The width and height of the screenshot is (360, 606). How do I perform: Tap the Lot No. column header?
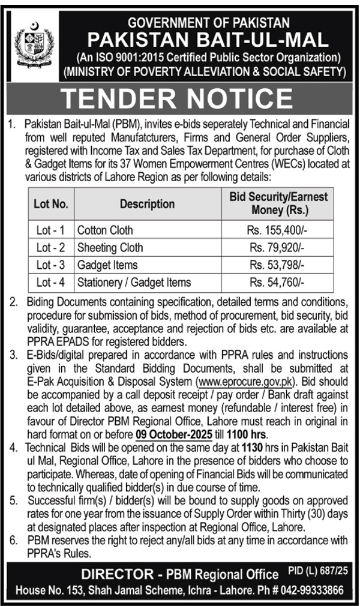coord(50,204)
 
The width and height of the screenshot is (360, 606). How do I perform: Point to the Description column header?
coord(147,204)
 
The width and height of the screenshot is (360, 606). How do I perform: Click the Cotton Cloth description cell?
coord(105,230)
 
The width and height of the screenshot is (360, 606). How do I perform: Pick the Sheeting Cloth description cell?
coord(110,247)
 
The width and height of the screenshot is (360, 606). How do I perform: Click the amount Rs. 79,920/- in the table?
coord(277,247)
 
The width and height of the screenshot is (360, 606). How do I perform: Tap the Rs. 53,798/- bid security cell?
coord(277,265)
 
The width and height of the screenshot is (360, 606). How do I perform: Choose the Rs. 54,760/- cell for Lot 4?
coord(277,282)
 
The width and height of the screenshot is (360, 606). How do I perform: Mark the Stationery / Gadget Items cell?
coord(134,282)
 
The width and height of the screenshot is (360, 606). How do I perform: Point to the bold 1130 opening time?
coord(248,447)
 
